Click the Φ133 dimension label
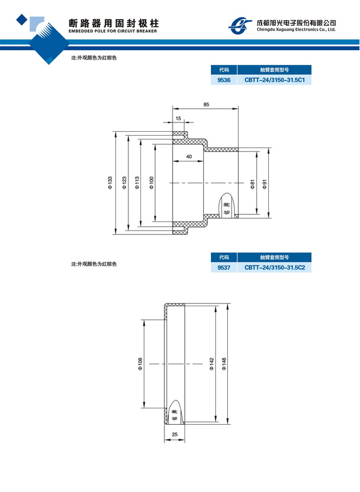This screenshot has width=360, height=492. (x=110, y=183)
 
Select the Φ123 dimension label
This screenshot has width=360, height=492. (x=124, y=183)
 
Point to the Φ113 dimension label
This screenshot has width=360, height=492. (x=137, y=183)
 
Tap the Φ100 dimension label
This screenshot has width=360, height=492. (x=151, y=183)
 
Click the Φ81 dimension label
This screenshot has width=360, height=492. (x=252, y=184)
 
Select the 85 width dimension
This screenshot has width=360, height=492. (x=206, y=104)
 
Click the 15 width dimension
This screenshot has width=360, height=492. (x=178, y=118)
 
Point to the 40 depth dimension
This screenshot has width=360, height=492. (x=188, y=157)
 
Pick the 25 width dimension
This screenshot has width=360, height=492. (x=175, y=435)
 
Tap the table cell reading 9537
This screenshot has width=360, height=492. (x=223, y=268)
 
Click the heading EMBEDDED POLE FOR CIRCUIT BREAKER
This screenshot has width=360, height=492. (x=113, y=32)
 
